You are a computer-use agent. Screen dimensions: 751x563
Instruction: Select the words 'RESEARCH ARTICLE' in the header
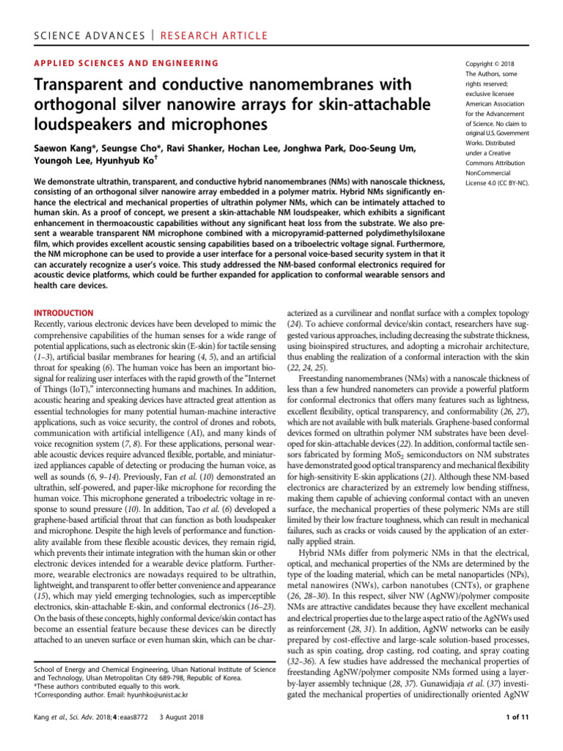194,15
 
